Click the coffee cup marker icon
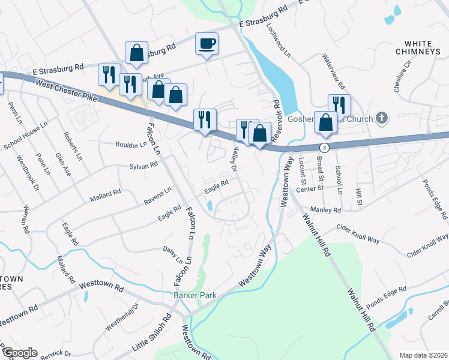point(206,43)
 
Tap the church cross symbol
point(381,118)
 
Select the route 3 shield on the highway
point(324,146)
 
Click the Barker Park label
point(194,295)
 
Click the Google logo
point(19,353)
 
